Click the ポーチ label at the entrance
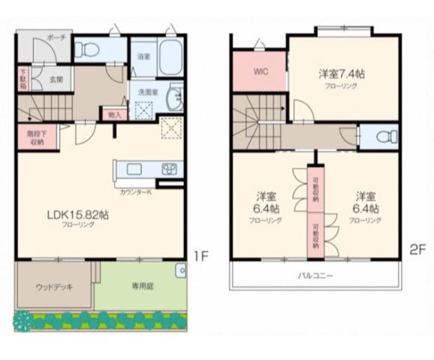[x=56, y=37]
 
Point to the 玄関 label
[x=56, y=79]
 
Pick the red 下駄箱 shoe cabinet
[x=23, y=78]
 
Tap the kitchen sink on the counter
[x=170, y=168]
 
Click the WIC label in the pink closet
[x=260, y=72]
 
